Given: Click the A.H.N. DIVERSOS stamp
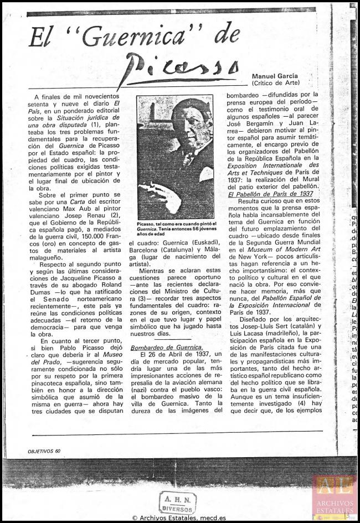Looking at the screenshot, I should coord(177,502).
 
